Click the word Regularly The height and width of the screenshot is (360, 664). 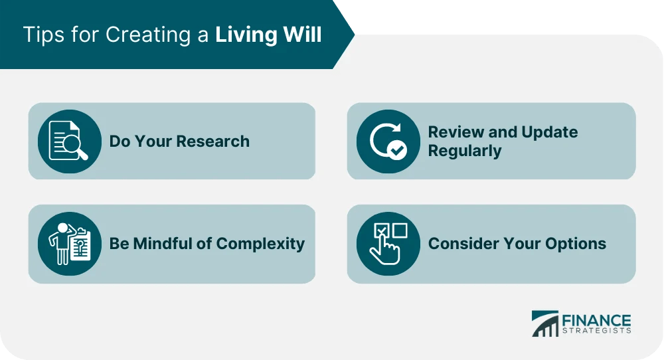465,151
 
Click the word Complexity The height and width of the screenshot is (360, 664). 260,244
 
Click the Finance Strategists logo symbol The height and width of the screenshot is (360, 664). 544,323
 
